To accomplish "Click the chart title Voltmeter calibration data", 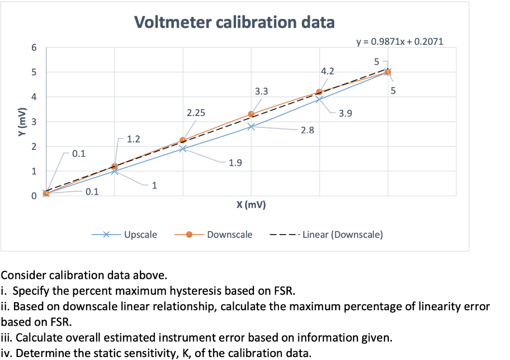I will point(234,22).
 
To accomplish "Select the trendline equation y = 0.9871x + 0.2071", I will point(399,42).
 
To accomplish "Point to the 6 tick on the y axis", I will point(33,48).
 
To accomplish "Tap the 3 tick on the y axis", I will point(33,122).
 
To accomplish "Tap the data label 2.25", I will point(196,113).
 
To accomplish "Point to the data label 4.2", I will point(328,71).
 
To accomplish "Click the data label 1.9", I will point(236,163).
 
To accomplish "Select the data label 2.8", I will point(308,130).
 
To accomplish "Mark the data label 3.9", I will point(346,114).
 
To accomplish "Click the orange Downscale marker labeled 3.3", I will point(251,114).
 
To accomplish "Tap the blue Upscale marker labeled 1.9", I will point(183,148).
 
